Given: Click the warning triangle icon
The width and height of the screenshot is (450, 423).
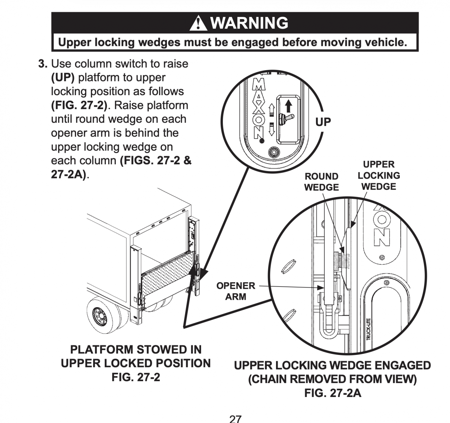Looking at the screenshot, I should pyautogui.click(x=199, y=23).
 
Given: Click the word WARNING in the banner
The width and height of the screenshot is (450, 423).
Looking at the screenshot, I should pyautogui.click(x=249, y=23).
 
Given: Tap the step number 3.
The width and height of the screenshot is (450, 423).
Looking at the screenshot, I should pyautogui.click(x=42, y=64).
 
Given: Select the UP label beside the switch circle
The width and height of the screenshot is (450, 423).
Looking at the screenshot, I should pyautogui.click(x=323, y=122).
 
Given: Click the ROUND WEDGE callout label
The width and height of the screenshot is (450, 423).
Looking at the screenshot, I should pyautogui.click(x=321, y=182).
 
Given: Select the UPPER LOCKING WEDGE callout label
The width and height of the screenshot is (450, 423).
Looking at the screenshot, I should pyautogui.click(x=379, y=176).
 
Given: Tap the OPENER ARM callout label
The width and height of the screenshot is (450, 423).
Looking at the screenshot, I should pyautogui.click(x=236, y=291).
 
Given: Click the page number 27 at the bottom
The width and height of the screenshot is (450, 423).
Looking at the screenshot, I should pyautogui.click(x=235, y=419).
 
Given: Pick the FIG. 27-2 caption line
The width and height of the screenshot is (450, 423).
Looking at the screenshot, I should pyautogui.click(x=136, y=377).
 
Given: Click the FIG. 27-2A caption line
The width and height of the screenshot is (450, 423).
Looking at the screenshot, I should pyautogui.click(x=333, y=393).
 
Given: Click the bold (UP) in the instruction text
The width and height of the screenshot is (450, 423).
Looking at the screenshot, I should pyautogui.click(x=63, y=78).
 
